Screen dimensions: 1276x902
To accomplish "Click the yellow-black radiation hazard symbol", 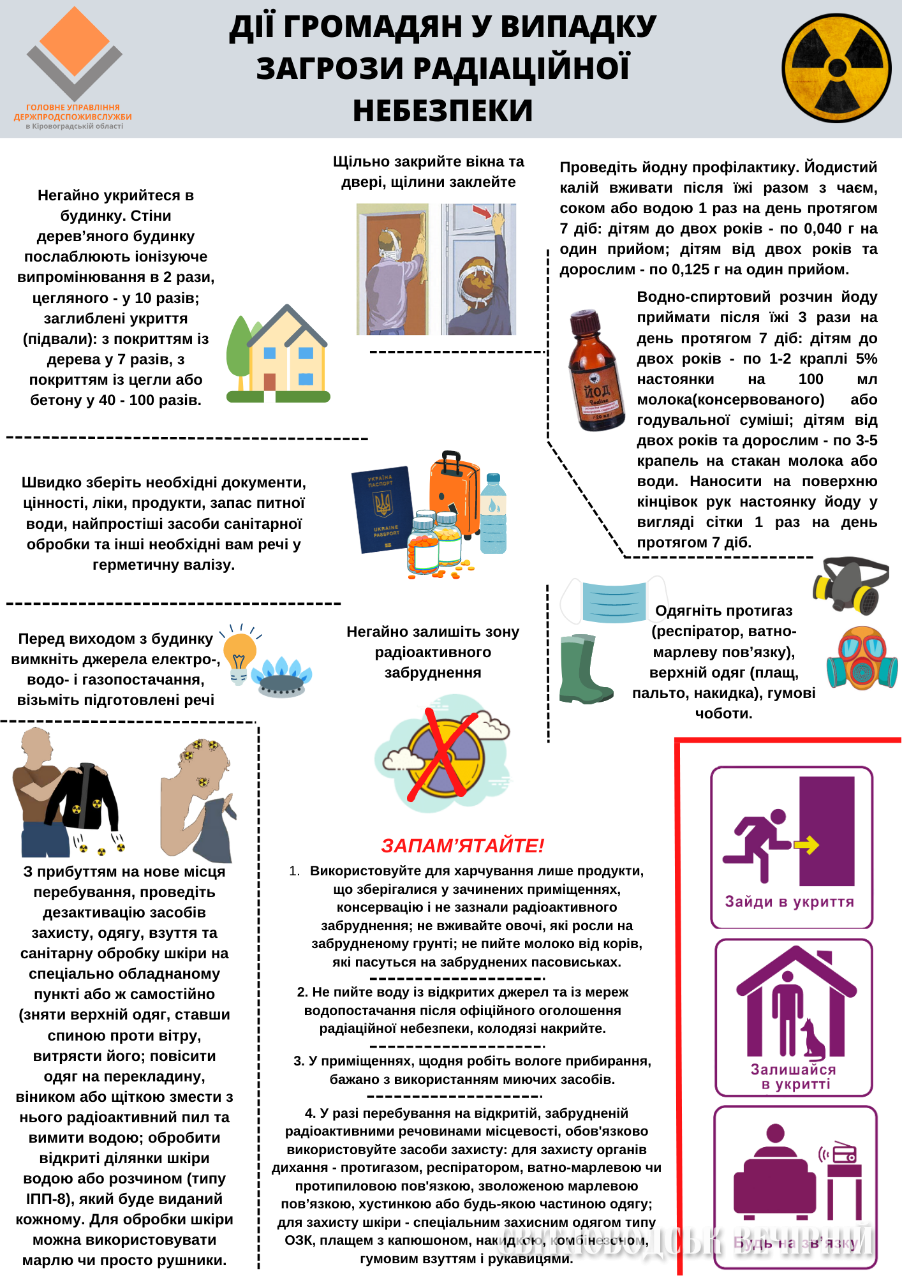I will (x=836, y=68).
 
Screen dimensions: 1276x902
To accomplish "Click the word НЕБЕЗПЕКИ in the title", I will (x=443, y=110).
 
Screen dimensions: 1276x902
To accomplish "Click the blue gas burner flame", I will (x=281, y=676).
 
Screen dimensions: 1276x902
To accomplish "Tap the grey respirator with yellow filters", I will (x=850, y=584).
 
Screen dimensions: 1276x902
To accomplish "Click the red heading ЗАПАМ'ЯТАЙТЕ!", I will (x=462, y=845).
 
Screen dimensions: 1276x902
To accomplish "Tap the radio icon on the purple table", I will (x=844, y=1154).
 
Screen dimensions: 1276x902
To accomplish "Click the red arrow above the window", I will (x=482, y=211).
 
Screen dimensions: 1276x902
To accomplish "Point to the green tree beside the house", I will (x=239, y=348).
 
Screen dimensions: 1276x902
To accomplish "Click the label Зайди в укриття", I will (x=789, y=901).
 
